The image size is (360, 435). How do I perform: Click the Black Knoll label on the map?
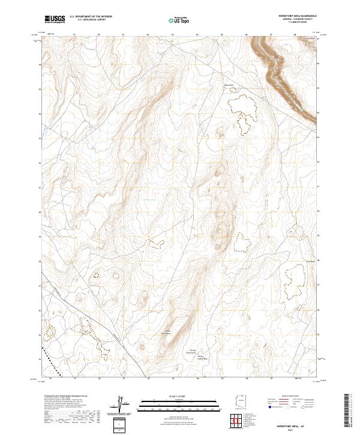click(x=228, y=85)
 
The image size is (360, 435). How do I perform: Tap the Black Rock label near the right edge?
click(x=311, y=260)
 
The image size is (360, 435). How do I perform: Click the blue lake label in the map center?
click(x=148, y=200)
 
